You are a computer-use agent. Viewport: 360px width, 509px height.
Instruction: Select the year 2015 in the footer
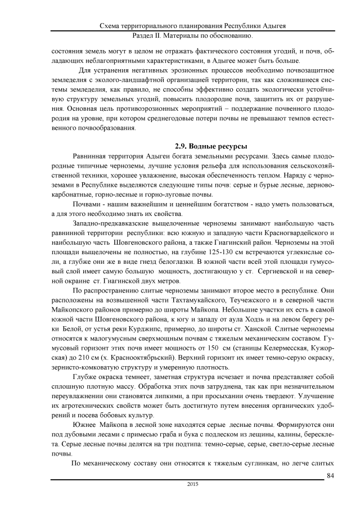pos(192,484)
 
